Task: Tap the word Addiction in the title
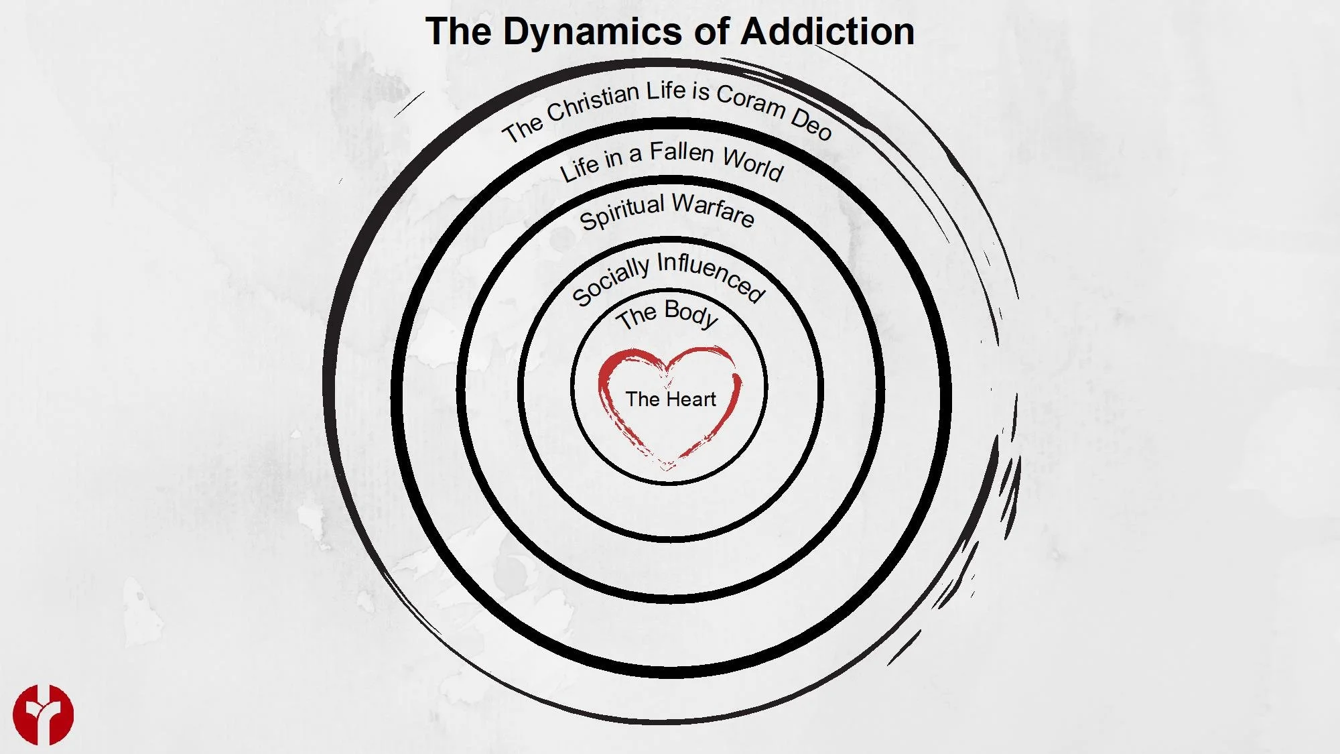(x=827, y=32)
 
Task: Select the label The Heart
(x=671, y=399)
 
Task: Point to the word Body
(x=691, y=314)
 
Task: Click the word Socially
(x=610, y=281)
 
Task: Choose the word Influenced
(x=711, y=275)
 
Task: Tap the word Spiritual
(x=622, y=211)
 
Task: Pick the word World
(x=754, y=163)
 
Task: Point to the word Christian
(x=593, y=103)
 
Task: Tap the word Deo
(x=811, y=123)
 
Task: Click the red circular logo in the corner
(x=43, y=714)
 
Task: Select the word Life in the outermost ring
(x=665, y=90)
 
